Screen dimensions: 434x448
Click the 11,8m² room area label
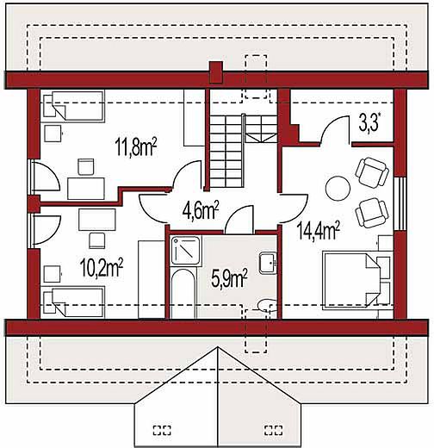click(x=136, y=146)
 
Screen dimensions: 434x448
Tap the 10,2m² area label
click(x=102, y=267)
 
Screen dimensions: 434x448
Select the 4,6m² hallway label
click(x=201, y=210)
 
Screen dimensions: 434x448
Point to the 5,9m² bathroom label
click(x=229, y=278)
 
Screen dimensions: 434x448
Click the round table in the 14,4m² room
click(x=338, y=188)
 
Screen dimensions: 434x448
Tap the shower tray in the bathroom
click(x=185, y=251)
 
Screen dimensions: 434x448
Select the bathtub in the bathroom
click(x=183, y=292)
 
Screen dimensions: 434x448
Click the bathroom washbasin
click(x=268, y=264)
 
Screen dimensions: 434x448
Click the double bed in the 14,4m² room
click(x=357, y=281)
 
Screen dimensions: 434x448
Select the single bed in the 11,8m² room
click(x=72, y=106)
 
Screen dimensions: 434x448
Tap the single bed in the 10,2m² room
click(x=72, y=302)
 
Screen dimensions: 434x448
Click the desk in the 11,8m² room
click(x=86, y=189)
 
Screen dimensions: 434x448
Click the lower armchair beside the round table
click(x=372, y=213)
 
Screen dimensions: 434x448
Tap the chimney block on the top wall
click(x=216, y=72)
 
